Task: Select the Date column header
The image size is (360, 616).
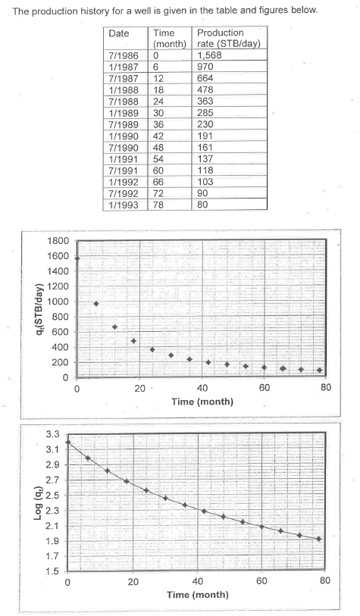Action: pos(119,34)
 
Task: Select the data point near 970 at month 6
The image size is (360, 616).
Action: pos(95,304)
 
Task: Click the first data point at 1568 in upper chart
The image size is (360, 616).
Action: pos(77,258)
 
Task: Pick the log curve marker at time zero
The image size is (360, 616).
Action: pos(67,442)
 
